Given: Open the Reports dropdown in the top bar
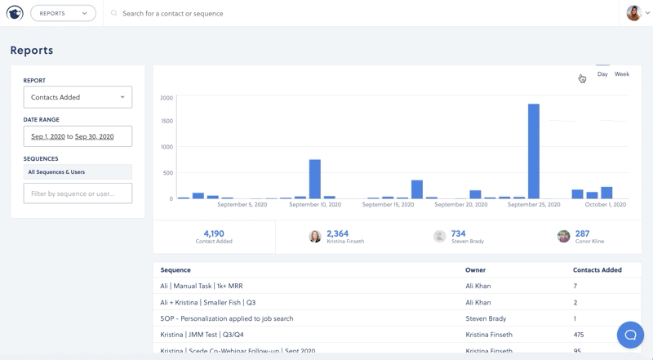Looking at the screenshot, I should point(63,13).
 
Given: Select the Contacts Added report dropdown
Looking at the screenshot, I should point(78,97).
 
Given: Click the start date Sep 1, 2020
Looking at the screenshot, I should point(48,136).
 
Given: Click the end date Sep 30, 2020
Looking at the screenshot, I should point(94,136).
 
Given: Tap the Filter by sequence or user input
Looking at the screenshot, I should point(78,193).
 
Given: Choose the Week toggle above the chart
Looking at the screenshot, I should point(621,74).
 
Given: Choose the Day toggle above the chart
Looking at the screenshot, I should point(602,74).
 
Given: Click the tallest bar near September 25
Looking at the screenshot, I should point(534,151).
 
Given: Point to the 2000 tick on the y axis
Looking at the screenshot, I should point(167,98).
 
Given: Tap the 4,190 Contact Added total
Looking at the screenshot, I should point(214,233).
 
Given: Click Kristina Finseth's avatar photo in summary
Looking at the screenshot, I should point(315,237).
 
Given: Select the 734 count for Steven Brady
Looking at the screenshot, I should point(458,233).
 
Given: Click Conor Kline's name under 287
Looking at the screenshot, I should point(589,242).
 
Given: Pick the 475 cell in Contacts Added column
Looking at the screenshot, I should point(580,335).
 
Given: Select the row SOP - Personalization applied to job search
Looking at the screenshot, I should point(227,318).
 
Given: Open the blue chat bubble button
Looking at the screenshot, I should point(630,335).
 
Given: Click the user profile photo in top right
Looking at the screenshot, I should point(633,13).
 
